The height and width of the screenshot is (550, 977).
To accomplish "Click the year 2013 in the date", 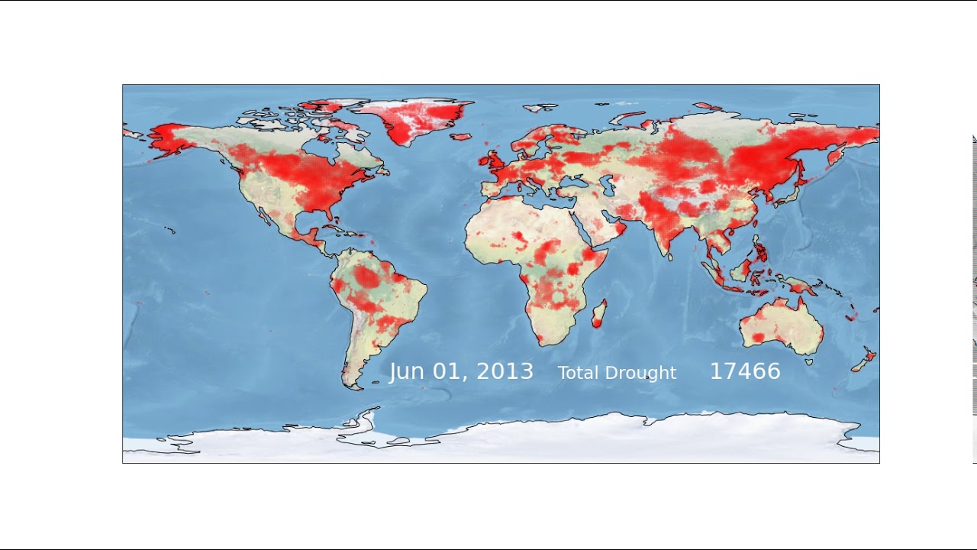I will click(x=505, y=372).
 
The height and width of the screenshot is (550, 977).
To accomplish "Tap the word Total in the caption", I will click(x=578, y=373).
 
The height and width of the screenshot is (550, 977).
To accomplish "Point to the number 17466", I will click(x=745, y=371).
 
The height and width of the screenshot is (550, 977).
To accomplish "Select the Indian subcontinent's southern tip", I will click(x=670, y=255).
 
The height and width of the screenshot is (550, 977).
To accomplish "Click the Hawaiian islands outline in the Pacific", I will click(x=169, y=229).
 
